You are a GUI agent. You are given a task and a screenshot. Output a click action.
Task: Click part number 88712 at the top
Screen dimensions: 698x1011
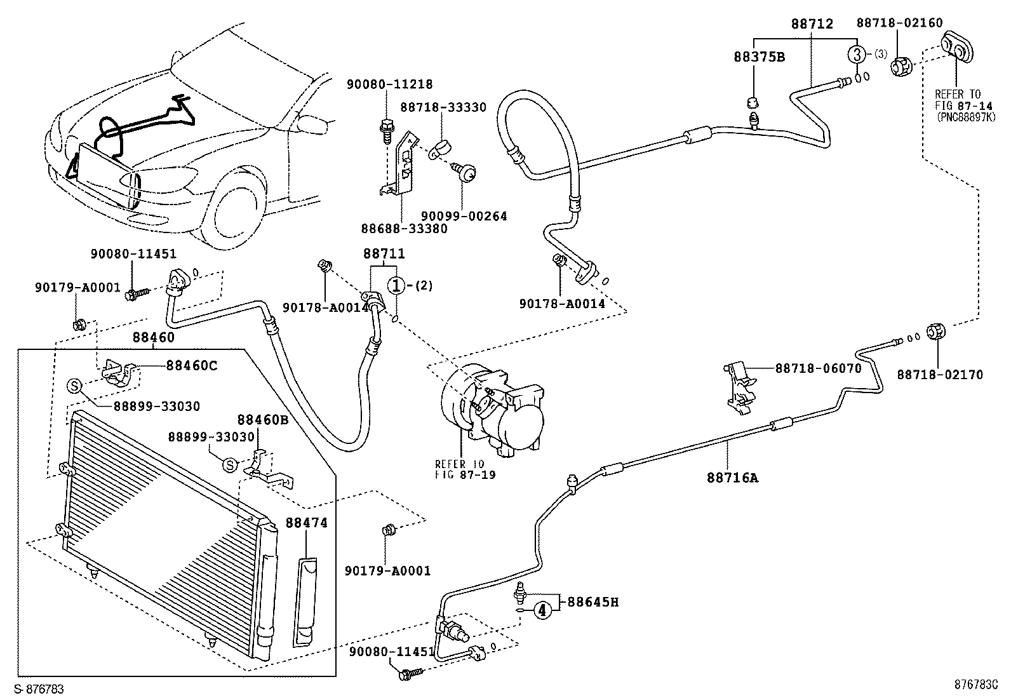pos(812,25)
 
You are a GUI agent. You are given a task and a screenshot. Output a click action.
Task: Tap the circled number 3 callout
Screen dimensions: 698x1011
pos(856,55)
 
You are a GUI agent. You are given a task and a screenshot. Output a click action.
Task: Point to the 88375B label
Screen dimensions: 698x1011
pos(759,57)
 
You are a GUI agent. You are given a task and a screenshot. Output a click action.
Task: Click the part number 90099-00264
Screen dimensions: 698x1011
pos(463,217)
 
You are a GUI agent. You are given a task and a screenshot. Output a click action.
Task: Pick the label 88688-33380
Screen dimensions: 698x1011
pos(403,229)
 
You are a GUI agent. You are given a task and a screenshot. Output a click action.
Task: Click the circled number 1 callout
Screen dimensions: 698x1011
pos(396,286)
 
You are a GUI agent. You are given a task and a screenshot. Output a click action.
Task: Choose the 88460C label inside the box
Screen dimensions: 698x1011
pos(192,365)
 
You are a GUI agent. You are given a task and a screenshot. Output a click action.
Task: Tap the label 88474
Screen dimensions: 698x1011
pos(306,523)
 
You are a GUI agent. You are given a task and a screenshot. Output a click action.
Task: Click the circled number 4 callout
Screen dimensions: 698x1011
pos(541,610)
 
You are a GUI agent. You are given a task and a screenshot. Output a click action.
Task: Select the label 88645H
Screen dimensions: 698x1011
pos(593,601)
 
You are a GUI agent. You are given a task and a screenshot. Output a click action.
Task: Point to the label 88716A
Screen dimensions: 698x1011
pos(732,478)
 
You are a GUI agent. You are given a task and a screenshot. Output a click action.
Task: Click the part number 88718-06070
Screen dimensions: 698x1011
pos(818,368)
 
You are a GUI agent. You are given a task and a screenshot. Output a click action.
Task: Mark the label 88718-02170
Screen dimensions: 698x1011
pos(939,375)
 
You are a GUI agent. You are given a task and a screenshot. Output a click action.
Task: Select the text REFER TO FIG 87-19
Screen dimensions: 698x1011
pos(465,469)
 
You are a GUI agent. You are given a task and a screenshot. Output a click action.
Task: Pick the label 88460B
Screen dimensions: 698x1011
pos(263,420)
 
